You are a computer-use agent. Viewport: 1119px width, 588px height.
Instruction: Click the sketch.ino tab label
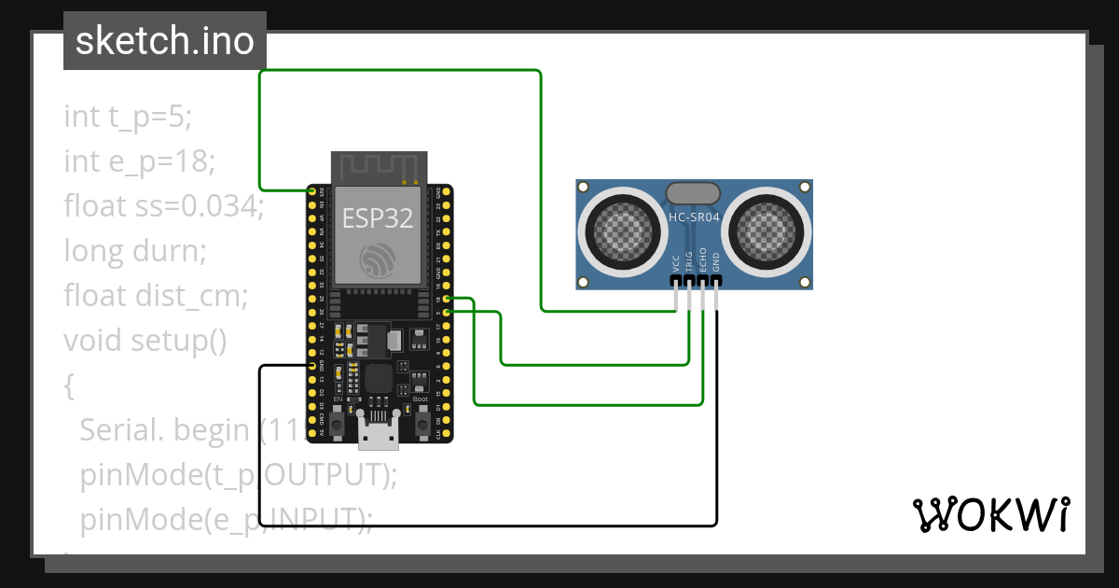164,41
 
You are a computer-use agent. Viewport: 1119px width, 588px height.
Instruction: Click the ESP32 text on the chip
377,218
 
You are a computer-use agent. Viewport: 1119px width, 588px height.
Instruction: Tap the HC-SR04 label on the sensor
694,217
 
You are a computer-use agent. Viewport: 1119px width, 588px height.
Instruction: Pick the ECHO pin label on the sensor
703,260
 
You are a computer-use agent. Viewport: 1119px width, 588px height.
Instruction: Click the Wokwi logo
989,514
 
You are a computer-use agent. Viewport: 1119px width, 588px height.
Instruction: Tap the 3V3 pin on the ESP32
311,191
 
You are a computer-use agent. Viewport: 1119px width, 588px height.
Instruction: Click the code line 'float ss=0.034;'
164,205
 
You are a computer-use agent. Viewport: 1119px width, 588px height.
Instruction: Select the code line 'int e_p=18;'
140,161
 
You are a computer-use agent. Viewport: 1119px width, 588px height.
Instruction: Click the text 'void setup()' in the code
145,341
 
